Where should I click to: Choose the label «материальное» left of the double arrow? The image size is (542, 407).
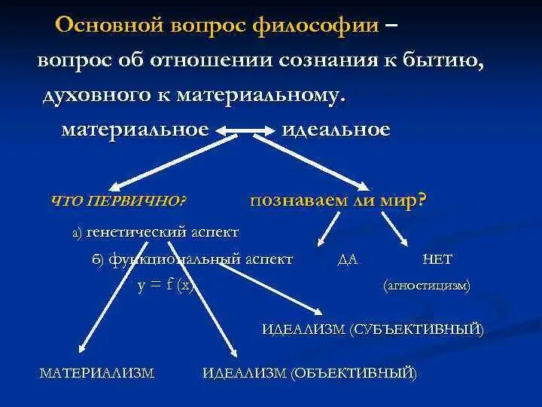pos(135,130)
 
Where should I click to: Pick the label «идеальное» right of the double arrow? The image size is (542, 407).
pos(336,130)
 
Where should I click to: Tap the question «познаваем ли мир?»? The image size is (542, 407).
pos(338,200)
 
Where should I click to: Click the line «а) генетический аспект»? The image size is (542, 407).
pos(155,232)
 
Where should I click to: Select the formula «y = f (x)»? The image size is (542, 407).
pos(166,286)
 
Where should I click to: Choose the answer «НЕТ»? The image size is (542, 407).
pos(437,259)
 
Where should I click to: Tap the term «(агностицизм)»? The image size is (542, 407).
pos(426,286)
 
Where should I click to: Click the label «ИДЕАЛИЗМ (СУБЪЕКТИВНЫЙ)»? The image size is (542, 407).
pos(373,329)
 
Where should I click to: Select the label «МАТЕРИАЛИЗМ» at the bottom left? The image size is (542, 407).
pos(97,372)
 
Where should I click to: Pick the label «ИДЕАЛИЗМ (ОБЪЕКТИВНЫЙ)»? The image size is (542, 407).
pos(309,372)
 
